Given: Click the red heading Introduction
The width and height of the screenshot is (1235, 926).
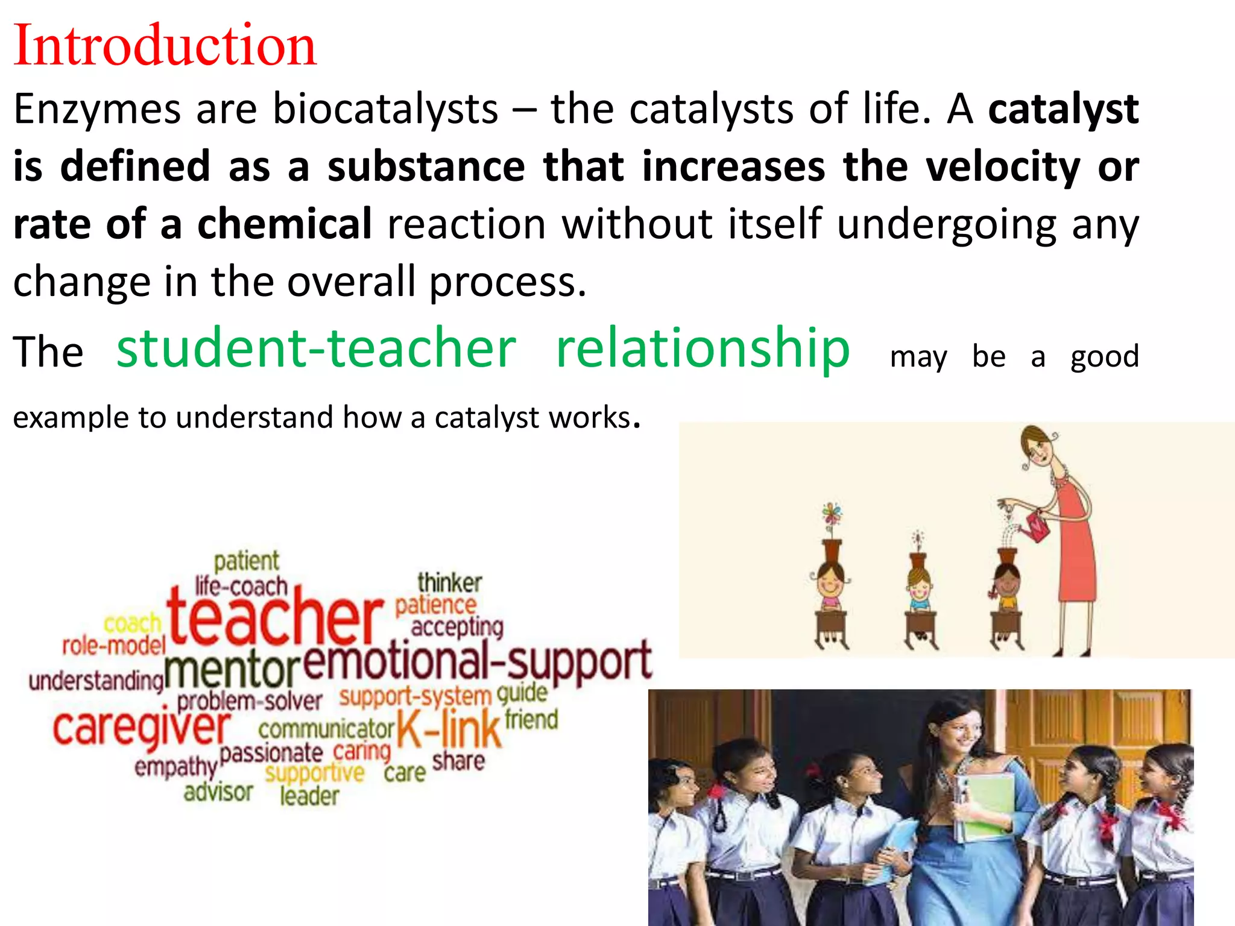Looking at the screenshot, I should click(x=165, y=46).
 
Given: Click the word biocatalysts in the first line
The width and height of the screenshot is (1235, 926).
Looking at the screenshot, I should click(x=385, y=110).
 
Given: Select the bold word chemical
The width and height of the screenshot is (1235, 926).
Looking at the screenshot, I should click(x=284, y=224).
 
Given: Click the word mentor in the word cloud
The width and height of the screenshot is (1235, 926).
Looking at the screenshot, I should click(x=232, y=670).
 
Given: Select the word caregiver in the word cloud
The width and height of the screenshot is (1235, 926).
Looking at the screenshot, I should click(x=142, y=728).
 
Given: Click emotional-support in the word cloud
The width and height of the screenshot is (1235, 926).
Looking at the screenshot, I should click(x=477, y=662).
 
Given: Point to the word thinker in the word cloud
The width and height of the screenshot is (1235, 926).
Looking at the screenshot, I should click(x=449, y=583).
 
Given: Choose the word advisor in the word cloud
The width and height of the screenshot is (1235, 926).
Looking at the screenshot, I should click(x=218, y=792).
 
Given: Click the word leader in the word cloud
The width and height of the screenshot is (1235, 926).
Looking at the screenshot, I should click(x=309, y=796).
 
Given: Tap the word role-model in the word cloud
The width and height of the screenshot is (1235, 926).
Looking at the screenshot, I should click(x=114, y=646).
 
